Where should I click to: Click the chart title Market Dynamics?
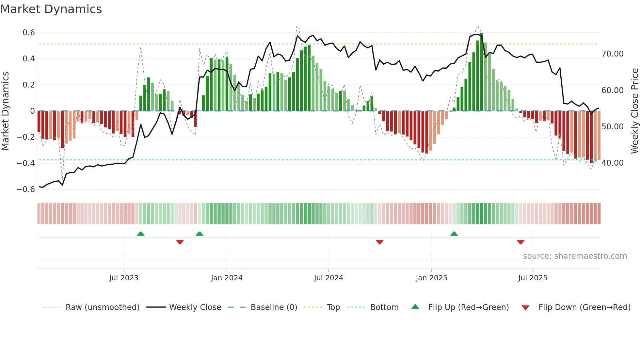click(x=51, y=9)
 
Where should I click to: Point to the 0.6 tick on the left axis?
click(x=29, y=33)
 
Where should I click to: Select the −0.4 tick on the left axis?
click(x=26, y=163)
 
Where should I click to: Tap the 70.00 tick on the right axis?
click(x=612, y=54)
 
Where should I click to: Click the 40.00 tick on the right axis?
click(x=612, y=163)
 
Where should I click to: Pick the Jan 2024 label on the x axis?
click(x=227, y=278)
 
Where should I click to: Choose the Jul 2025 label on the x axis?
click(x=533, y=278)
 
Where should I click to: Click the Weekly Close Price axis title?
click(x=634, y=111)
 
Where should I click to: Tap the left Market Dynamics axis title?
click(x=6, y=111)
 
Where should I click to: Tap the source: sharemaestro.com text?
click(x=575, y=256)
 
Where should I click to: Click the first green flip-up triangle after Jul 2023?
click(x=141, y=234)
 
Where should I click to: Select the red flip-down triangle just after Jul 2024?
click(x=379, y=242)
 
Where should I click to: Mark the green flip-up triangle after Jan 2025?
click(x=454, y=234)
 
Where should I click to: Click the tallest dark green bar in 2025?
click(x=482, y=72)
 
